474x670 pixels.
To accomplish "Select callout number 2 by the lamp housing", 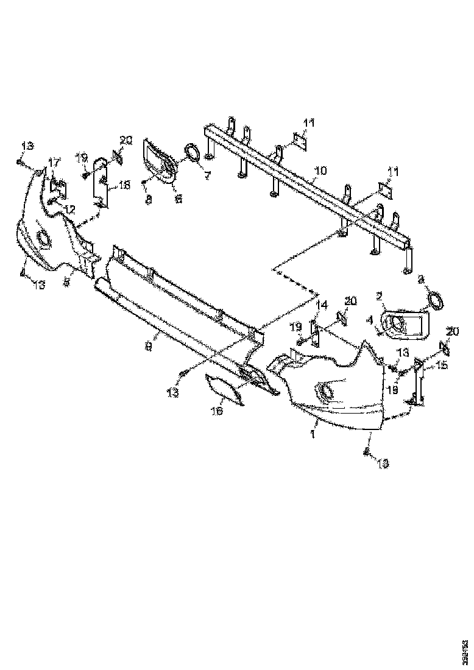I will click(379, 296).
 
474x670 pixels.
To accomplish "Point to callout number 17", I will click(54, 162).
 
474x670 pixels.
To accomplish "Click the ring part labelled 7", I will click(193, 152).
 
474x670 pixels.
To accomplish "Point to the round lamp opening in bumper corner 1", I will click(325, 391).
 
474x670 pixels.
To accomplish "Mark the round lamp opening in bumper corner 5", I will click(44, 238).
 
